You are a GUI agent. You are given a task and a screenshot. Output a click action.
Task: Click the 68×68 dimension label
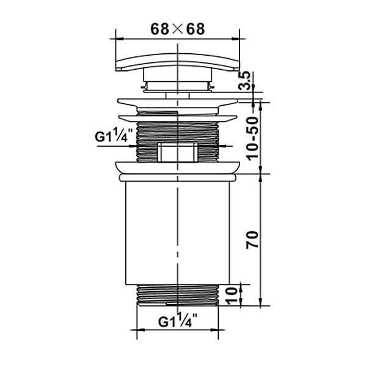point(178,29)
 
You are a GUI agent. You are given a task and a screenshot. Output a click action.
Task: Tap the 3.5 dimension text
point(244,81)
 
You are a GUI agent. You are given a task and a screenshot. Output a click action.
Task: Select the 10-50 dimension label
point(252,138)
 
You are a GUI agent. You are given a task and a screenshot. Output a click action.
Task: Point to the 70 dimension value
point(252,240)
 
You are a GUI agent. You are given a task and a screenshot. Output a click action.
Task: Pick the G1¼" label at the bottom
point(178,320)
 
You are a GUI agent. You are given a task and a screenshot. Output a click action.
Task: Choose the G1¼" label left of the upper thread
point(114,135)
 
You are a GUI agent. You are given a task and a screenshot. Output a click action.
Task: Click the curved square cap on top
point(178,61)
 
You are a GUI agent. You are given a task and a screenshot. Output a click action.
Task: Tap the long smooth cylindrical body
point(178,233)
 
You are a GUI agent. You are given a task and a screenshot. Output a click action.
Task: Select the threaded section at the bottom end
point(178,295)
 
